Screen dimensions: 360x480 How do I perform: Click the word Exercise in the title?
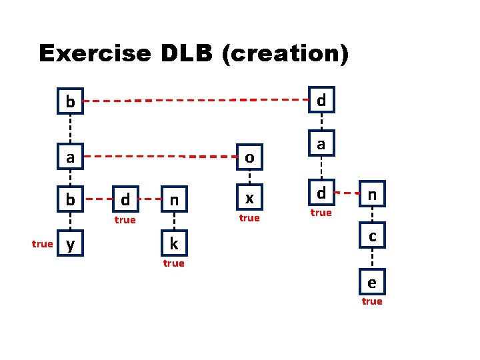[x=94, y=53]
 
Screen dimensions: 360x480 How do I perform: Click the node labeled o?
[x=249, y=157]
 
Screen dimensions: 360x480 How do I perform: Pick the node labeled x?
[x=249, y=199]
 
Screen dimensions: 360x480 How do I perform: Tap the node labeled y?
[x=70, y=244]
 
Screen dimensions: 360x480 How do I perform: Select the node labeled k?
[x=173, y=244]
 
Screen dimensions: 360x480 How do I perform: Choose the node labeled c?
[x=372, y=236]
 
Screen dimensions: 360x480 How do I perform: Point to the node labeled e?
[x=372, y=283]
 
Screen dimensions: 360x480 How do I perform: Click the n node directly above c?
[x=372, y=196]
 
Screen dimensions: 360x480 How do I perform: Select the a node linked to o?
[x=70, y=157]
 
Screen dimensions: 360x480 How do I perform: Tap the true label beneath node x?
[x=249, y=218]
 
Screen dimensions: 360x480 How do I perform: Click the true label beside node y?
[x=42, y=244]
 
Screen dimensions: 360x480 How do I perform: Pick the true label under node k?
[x=173, y=263]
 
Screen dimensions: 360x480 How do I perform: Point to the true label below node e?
[x=372, y=301]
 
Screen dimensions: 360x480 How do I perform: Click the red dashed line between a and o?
[x=160, y=157]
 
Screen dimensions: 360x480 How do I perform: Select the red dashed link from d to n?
[x=347, y=195]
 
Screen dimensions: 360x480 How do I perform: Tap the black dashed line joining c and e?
[x=372, y=259]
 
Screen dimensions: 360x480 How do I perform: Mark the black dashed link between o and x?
[x=249, y=178]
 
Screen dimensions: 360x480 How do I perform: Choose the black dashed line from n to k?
[x=173, y=221]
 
